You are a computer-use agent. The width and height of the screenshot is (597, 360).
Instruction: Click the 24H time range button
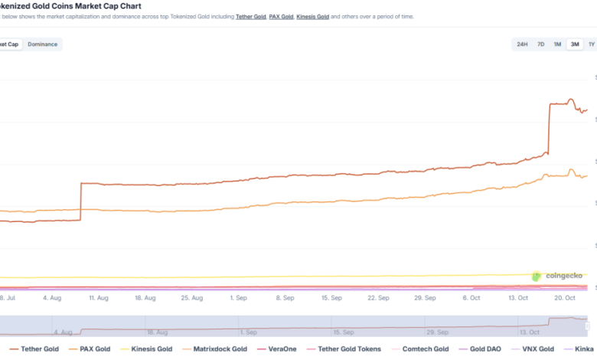pyautogui.click(x=522, y=44)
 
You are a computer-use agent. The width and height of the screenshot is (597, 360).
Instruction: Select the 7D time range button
pyautogui.click(x=540, y=44)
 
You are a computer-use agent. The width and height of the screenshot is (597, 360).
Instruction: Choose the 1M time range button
pyautogui.click(x=557, y=44)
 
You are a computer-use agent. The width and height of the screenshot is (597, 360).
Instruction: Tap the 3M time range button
pyautogui.click(x=574, y=44)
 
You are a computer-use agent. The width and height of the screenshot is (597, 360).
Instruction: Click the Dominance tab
pyautogui.click(x=43, y=44)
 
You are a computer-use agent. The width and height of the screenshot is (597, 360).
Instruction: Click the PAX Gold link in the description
pyautogui.click(x=282, y=16)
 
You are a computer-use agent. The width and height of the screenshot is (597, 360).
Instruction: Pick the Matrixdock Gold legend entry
pyautogui.click(x=217, y=349)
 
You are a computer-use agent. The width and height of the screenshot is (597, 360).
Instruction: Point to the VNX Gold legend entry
pyautogui.click(x=536, y=349)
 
